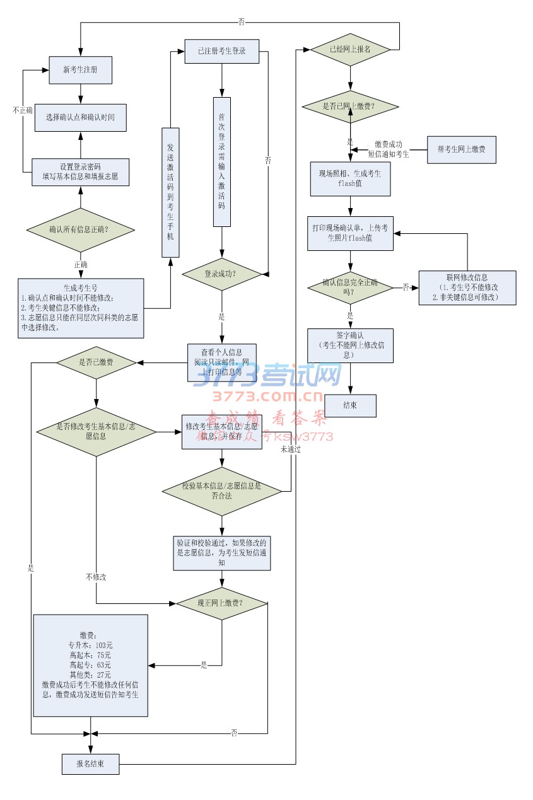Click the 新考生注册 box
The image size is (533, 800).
click(81, 70)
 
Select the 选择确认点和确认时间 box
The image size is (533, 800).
click(80, 117)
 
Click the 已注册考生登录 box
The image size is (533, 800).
click(221, 51)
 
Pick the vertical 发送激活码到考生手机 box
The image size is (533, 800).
click(170, 192)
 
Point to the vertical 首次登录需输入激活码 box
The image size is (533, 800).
click(222, 161)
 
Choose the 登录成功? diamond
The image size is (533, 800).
click(221, 274)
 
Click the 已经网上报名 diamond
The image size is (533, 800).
click(350, 49)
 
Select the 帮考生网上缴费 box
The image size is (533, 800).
click(462, 149)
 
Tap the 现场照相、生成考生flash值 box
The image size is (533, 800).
click(350, 179)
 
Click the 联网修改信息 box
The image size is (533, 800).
click(467, 287)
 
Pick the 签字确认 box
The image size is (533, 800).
click(350, 345)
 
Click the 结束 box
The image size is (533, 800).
click(350, 405)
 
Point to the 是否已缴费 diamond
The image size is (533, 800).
click(96, 362)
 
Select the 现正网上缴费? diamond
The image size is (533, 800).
click(222, 603)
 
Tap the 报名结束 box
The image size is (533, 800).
click(90, 763)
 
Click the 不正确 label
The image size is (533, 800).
click(23, 110)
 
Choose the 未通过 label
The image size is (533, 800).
click(291, 449)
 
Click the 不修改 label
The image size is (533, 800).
click(96, 577)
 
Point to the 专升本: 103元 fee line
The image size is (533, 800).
click(90, 646)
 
